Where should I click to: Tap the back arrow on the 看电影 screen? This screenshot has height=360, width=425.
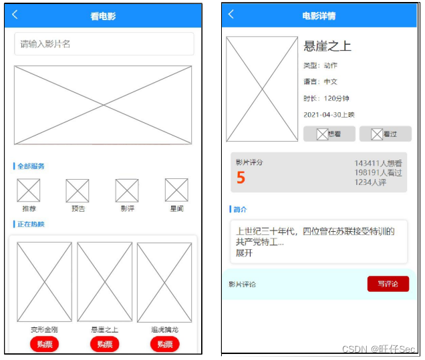pos(15,15)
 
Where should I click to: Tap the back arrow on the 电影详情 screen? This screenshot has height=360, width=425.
pos(231,14)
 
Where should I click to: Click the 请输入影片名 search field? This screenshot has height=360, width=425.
pos(104,44)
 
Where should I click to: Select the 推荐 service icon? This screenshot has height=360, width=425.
pos(29,190)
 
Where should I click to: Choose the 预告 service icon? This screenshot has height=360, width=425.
pos(78,191)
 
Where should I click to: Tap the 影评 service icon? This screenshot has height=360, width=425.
pos(127,190)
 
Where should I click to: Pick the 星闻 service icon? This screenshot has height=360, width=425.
pos(176,190)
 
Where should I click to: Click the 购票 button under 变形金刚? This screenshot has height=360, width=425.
pos(45,344)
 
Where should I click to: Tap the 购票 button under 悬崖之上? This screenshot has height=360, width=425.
pos(105,344)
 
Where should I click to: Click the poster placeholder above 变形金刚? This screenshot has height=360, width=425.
pos(44,282)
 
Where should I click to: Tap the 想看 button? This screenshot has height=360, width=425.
pos(328,134)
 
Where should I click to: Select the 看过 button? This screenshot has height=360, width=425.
pos(385,134)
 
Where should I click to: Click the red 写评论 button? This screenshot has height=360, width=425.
pos(388,284)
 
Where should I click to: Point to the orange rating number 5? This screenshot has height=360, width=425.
pos(241,178)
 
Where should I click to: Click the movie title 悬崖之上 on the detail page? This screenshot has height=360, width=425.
pos(327,46)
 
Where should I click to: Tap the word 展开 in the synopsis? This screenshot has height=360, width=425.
pos(245,254)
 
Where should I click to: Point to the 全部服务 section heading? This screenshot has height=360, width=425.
pos(31,166)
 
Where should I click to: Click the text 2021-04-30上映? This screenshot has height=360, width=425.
pos(329,116)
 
